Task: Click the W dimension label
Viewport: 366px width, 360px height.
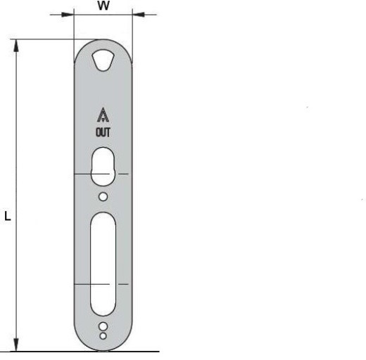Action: click(x=103, y=6)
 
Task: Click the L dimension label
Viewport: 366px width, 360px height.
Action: click(x=8, y=216)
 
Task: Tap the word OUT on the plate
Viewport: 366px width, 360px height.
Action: click(x=103, y=132)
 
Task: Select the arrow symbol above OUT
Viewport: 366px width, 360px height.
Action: click(x=103, y=115)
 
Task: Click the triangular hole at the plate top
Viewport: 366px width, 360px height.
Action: click(x=103, y=60)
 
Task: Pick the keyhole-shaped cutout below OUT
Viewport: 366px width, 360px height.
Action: click(x=103, y=167)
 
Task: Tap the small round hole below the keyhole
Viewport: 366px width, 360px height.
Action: click(x=103, y=197)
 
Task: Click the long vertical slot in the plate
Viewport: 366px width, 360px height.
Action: click(x=103, y=264)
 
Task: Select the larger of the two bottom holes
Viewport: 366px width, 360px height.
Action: click(x=103, y=326)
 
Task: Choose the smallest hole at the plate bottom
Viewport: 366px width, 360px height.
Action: click(x=103, y=336)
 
